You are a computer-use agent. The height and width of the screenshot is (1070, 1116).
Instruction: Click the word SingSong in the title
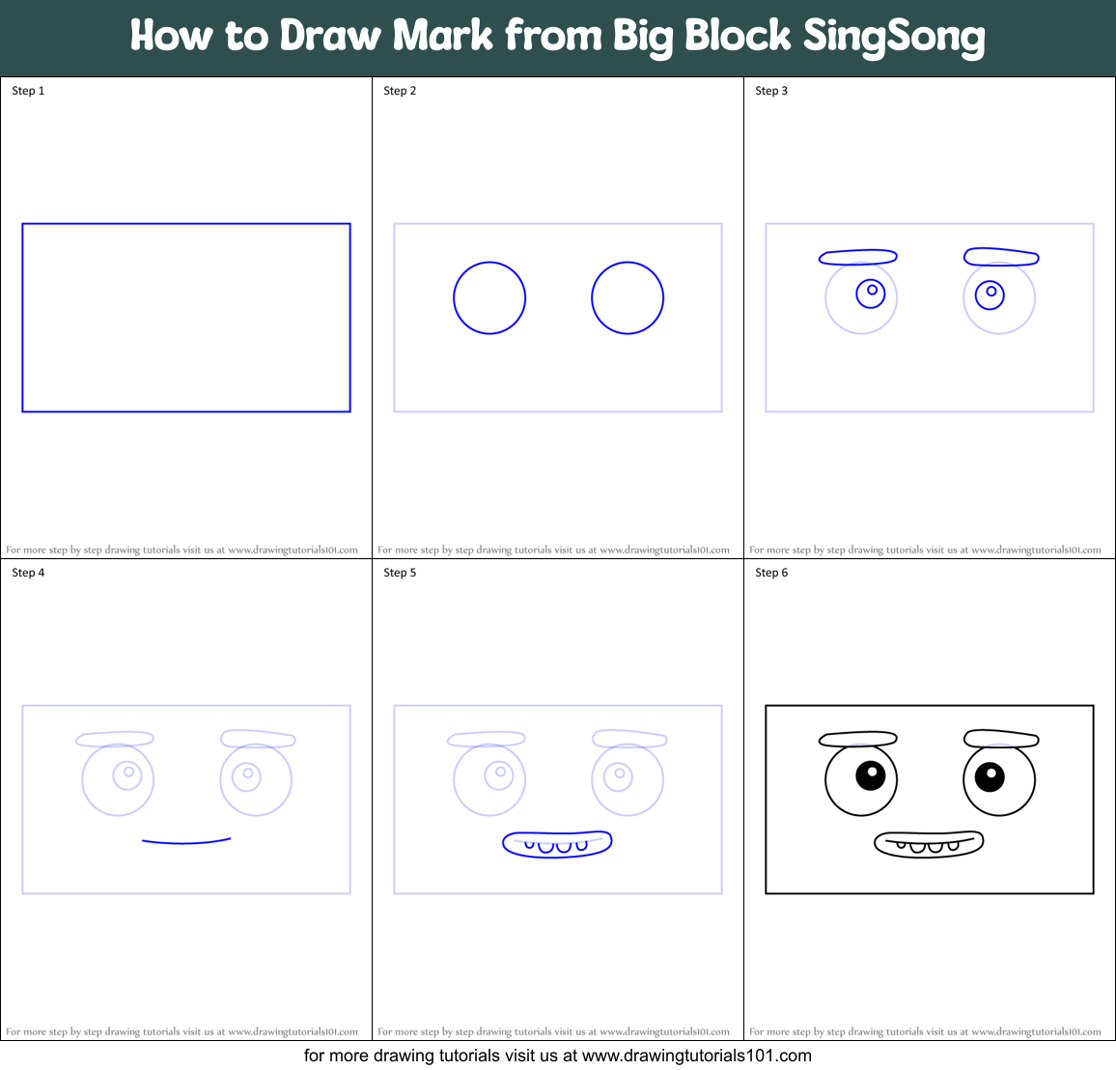point(894,36)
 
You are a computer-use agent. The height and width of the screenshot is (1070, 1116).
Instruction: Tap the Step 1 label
point(28,91)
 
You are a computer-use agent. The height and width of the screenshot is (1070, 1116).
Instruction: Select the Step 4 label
point(28,573)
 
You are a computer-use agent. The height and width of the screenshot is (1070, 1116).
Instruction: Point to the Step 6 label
point(771,573)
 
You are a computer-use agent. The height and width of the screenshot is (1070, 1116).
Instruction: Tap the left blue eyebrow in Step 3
point(857,257)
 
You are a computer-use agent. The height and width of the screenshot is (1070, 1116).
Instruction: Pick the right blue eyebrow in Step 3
point(1001,257)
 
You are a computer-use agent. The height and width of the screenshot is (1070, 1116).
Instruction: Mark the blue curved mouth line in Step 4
point(185,842)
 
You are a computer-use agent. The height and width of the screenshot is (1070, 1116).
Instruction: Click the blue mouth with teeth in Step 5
point(557,844)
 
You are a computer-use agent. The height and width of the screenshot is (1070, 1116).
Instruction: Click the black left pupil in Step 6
point(870,774)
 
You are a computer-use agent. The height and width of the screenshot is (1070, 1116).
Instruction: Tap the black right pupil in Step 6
point(990,775)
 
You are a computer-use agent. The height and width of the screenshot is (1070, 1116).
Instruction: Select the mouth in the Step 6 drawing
point(929,844)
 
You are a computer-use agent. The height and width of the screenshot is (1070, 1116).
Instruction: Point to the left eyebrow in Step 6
point(857,739)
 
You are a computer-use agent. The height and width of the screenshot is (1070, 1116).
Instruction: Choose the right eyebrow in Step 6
point(1001,739)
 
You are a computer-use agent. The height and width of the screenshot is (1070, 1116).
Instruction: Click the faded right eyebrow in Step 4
point(258,739)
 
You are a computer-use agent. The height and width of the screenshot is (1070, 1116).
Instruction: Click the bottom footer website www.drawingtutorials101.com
point(696,1056)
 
